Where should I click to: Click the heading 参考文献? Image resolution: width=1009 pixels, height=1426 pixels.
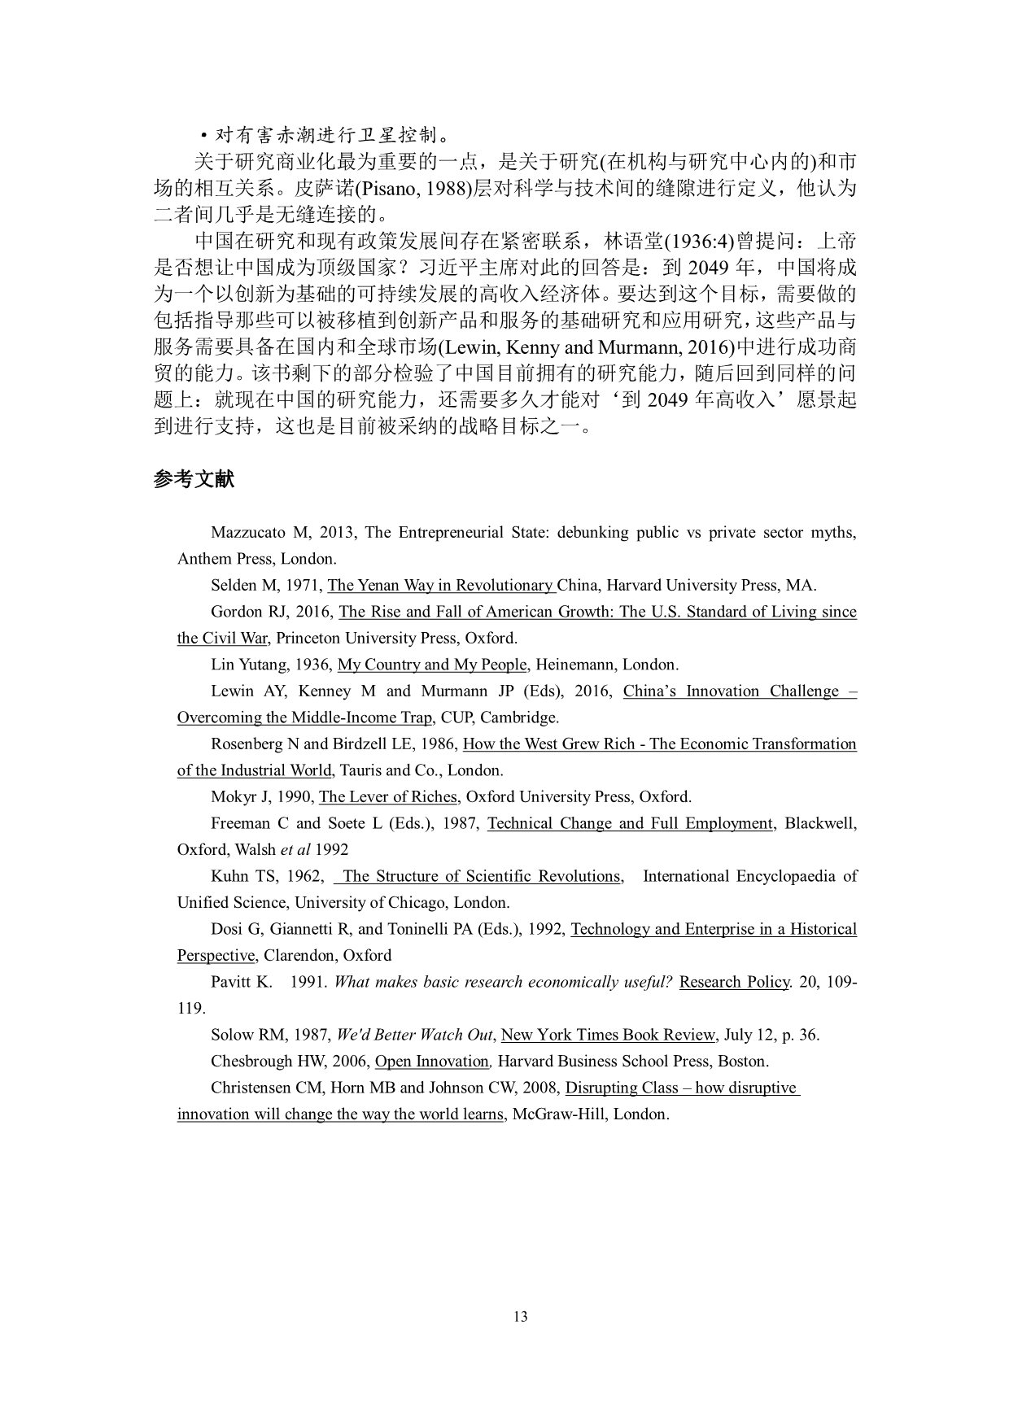[194, 479]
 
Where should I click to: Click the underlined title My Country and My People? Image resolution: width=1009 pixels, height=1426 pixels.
[432, 665]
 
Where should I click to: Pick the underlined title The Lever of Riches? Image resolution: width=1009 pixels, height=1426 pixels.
[389, 796]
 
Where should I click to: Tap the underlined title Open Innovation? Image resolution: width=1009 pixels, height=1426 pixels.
[431, 1062]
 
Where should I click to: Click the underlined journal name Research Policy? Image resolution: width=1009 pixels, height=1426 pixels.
[734, 982]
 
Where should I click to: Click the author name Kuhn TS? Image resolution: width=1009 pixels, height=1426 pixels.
[242, 876]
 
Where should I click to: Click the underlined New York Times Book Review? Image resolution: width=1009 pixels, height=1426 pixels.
[608, 1035]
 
